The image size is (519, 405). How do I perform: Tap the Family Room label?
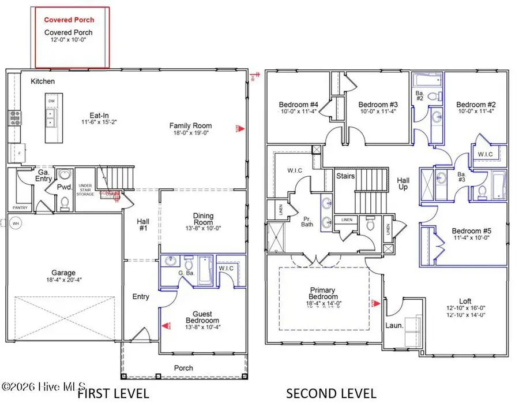pyautogui.click(x=190, y=125)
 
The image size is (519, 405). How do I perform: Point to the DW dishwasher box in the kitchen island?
pyautogui.click(x=51, y=101)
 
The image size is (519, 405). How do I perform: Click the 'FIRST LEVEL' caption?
pyautogui.click(x=113, y=394)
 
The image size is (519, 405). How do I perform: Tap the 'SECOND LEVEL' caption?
pyautogui.click(x=332, y=394)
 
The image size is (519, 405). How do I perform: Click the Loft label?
pyautogui.click(x=466, y=300)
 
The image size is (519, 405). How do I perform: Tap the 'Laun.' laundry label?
pyautogui.click(x=394, y=325)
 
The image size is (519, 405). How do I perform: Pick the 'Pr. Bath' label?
pyautogui.click(x=307, y=221)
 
